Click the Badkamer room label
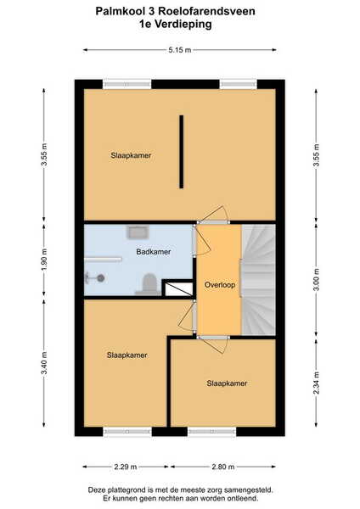pyautogui.click(x=154, y=252)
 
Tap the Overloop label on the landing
pyautogui.click(x=220, y=285)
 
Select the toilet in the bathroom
pyautogui.click(x=149, y=284)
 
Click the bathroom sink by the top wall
pyautogui.click(x=138, y=232)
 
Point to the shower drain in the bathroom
pyautogui.click(x=101, y=278)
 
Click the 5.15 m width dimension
pyautogui.click(x=180, y=50)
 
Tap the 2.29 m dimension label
pyautogui.click(x=126, y=467)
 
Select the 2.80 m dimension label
pyautogui.click(x=223, y=467)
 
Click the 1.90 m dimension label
pyautogui.click(x=44, y=260)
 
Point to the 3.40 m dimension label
pyautogui.click(x=44, y=363)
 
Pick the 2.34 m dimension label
pyautogui.click(x=316, y=383)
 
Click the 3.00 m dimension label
pyautogui.click(x=316, y=279)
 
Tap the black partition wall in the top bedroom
pyautogui.click(x=182, y=152)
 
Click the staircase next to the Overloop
pyautogui.click(x=258, y=280)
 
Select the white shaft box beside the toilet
pyautogui.click(x=178, y=289)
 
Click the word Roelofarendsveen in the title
pyautogui.click(x=206, y=11)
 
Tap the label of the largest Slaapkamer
pyautogui.click(x=131, y=155)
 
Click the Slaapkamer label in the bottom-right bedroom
pyautogui.click(x=227, y=383)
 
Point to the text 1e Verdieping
pyautogui.click(x=176, y=25)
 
